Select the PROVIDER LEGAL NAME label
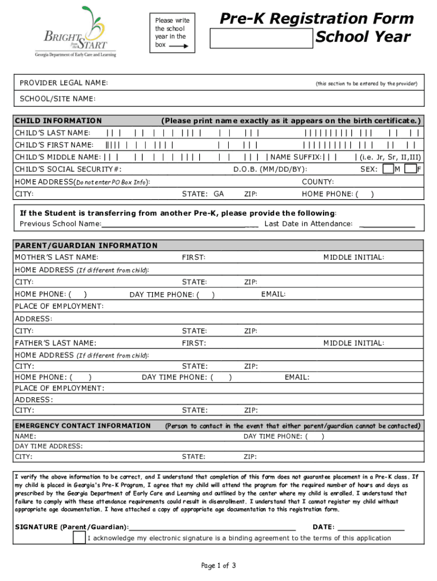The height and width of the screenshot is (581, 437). [64, 83]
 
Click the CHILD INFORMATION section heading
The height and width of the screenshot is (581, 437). [58, 120]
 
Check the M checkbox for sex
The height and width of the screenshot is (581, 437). [388, 169]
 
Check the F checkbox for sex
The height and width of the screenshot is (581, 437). [410, 169]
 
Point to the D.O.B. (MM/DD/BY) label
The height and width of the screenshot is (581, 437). [270, 169]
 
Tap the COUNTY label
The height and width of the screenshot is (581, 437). [318, 182]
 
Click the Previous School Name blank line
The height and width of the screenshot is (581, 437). [180, 225]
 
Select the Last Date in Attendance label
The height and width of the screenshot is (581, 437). [308, 224]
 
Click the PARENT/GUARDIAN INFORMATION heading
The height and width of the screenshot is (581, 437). [86, 246]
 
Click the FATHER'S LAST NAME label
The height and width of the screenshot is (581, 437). [55, 343]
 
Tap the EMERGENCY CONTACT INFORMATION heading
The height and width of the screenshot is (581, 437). [82, 426]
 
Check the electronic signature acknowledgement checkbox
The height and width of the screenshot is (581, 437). [79, 538]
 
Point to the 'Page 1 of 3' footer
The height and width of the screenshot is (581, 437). [218, 565]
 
